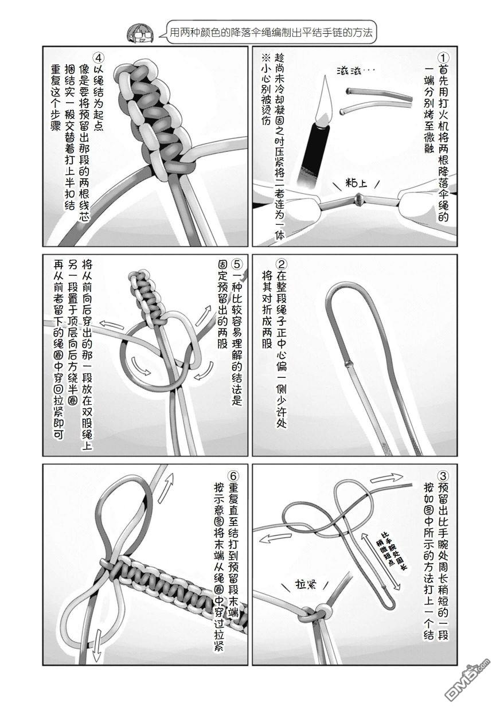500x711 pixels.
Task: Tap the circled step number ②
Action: (x=281, y=264)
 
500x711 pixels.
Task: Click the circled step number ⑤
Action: (x=237, y=264)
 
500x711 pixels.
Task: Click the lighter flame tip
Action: (x=326, y=76)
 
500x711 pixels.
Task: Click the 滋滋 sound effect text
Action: (x=353, y=71)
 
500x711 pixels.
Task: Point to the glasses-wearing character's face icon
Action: (x=140, y=33)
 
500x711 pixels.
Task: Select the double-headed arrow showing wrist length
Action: (x=379, y=559)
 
